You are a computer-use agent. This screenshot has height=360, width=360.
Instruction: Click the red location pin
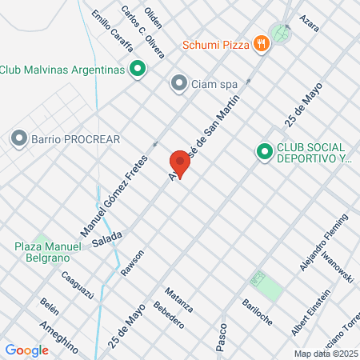[x=180, y=164]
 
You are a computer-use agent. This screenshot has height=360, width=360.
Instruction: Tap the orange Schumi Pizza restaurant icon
[x=260, y=44]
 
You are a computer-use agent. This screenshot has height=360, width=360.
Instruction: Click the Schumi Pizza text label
[x=215, y=44]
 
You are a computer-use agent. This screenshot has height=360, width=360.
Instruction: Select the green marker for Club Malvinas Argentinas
[x=137, y=69]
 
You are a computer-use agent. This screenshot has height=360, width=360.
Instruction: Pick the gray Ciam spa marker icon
[x=178, y=82]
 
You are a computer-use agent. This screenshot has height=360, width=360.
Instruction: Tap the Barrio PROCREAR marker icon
[x=18, y=139]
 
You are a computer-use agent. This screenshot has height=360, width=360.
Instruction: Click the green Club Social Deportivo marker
[x=263, y=150]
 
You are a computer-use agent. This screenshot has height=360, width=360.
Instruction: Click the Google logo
[x=26, y=350]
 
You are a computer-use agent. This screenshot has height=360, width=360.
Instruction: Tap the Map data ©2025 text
[x=323, y=353]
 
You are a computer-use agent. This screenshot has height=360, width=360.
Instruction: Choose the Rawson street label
[x=132, y=264]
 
